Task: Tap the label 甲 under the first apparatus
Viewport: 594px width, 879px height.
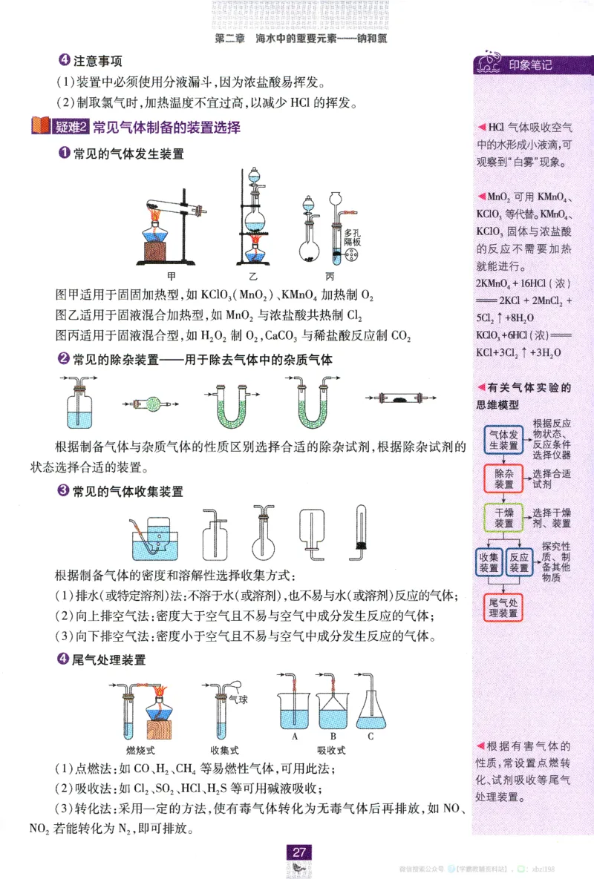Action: tap(172, 276)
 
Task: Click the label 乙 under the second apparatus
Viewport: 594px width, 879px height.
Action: tap(253, 276)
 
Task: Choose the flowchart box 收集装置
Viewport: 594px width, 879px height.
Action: tap(489, 562)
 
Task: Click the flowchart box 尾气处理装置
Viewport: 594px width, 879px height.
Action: tap(504, 608)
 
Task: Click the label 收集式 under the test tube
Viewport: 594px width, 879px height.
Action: tap(224, 750)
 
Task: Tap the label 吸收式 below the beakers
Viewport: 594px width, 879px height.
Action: tap(332, 750)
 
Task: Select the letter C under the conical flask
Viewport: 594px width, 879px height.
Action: tap(371, 736)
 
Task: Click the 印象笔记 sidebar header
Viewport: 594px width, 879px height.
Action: tap(530, 65)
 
